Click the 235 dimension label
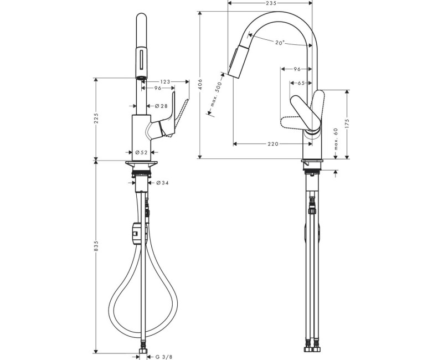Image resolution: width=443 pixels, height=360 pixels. click(x=271, y=3)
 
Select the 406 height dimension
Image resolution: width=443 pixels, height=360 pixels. click(x=200, y=85)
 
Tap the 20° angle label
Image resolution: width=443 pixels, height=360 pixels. click(x=280, y=42)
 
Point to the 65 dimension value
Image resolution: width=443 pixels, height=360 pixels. click(x=301, y=83)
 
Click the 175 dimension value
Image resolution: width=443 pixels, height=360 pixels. click(x=347, y=123)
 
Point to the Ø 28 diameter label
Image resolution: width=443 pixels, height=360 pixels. click(x=162, y=106)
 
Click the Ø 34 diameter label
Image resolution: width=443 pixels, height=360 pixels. click(x=162, y=183)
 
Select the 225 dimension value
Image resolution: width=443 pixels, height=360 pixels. click(x=96, y=119)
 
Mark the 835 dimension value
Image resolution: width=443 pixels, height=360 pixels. click(x=96, y=246)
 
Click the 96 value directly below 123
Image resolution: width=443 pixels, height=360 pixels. click(x=157, y=88)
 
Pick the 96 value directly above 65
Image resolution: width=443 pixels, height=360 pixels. click(x=297, y=69)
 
